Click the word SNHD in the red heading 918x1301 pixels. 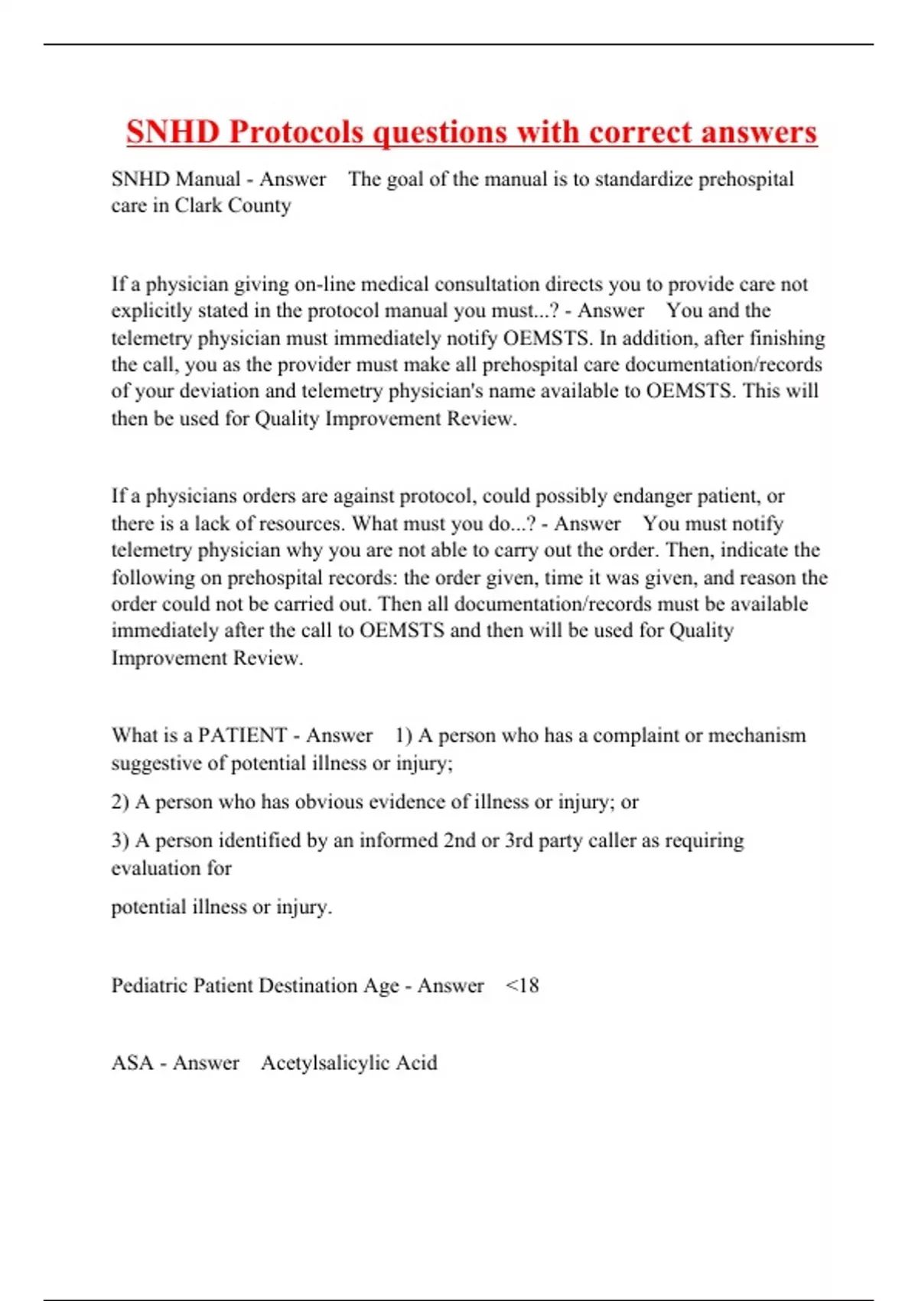point(173,132)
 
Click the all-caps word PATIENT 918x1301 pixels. point(242,735)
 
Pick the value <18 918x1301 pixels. point(522,986)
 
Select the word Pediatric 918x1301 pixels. point(149,986)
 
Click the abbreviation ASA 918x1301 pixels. point(132,1063)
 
